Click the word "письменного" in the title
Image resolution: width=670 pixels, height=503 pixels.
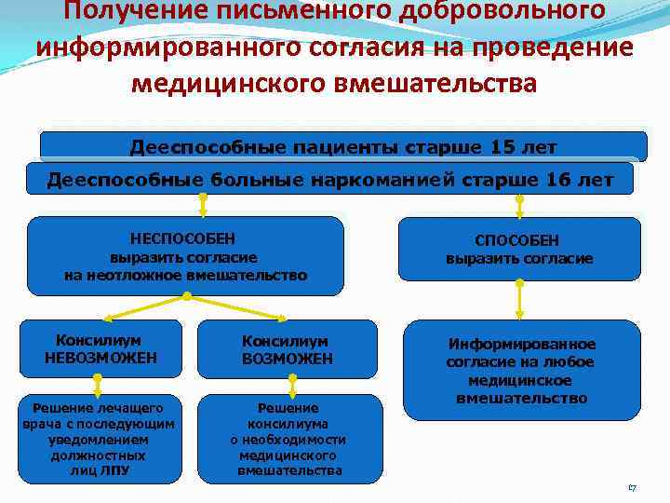tap(251, 11)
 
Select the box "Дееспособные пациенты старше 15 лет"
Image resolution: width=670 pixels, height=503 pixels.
tap(342, 146)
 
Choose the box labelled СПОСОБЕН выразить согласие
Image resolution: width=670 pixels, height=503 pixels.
tap(519, 249)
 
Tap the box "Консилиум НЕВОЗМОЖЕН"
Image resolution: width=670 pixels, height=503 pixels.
tap(101, 348)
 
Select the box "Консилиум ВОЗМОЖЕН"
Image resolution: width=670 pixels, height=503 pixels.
tap(287, 349)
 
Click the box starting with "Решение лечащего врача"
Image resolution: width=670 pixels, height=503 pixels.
tap(101, 439)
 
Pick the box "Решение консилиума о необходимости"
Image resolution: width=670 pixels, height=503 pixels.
tap(288, 439)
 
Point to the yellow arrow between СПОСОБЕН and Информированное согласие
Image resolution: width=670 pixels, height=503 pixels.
tap(520, 300)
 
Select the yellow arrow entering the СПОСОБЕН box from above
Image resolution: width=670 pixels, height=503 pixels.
tap(519, 206)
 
